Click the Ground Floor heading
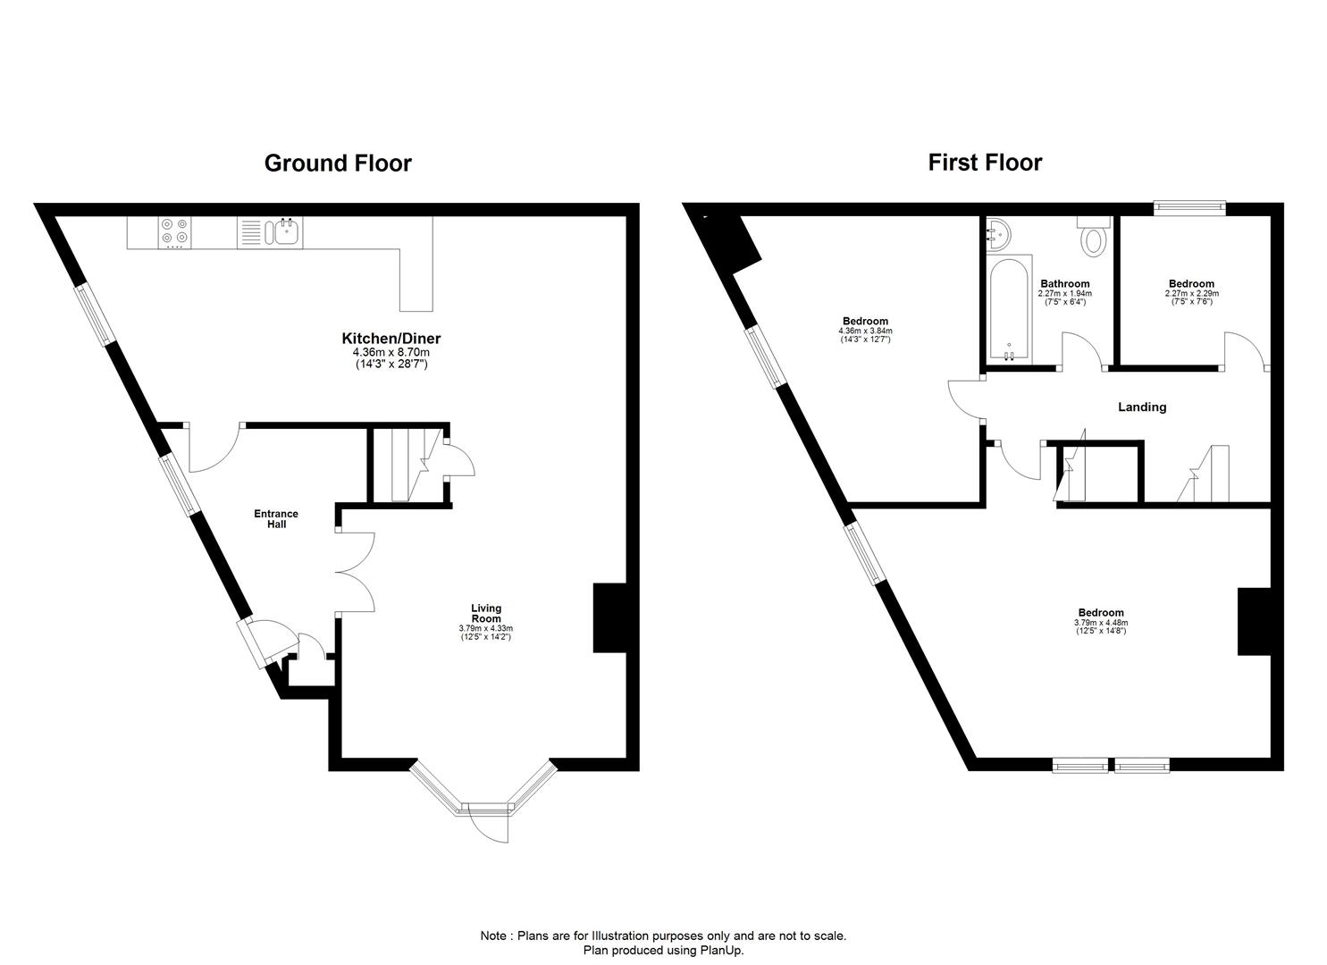click(338, 164)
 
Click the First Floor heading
click(985, 163)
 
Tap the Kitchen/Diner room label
click(391, 339)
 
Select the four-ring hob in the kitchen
click(173, 232)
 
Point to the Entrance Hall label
click(276, 519)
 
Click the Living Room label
click(486, 614)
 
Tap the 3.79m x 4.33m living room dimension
click(486, 628)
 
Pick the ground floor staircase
click(407, 466)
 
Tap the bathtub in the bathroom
click(1010, 309)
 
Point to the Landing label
click(1142, 407)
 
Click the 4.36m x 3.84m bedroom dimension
click(864, 331)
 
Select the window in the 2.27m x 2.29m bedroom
click(1188, 208)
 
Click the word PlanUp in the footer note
click(722, 951)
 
